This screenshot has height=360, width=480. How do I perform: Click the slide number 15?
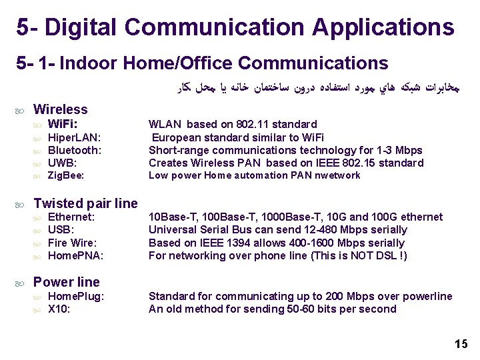coord(461,344)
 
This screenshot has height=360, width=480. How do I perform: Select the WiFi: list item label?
coord(63,125)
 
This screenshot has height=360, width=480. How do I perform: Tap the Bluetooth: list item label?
coord(75,151)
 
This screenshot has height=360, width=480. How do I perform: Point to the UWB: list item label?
coord(63,163)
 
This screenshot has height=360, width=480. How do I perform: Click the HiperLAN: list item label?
coord(75,138)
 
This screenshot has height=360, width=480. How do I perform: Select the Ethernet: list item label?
coord(72,217)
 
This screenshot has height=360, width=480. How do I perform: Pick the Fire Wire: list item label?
coord(73,243)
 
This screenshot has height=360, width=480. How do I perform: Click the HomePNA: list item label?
coord(76,256)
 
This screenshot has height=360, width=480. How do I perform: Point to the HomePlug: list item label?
coord(77,297)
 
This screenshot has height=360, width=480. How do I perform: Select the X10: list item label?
coord(60,309)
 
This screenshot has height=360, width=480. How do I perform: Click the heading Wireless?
coord(60,109)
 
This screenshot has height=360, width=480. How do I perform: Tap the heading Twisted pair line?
coord(85,203)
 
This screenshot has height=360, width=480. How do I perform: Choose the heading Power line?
coord(66,282)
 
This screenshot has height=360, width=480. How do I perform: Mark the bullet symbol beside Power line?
coord(21,283)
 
